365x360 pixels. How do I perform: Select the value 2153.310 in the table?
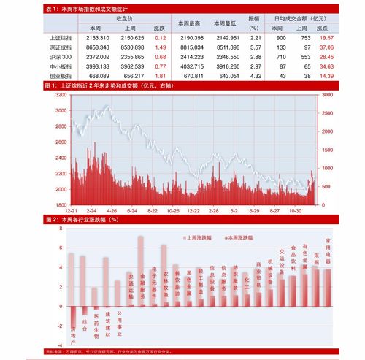(x=97, y=37)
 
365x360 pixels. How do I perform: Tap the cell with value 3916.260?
(x=228, y=66)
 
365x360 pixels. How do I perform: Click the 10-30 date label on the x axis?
(x=296, y=210)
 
